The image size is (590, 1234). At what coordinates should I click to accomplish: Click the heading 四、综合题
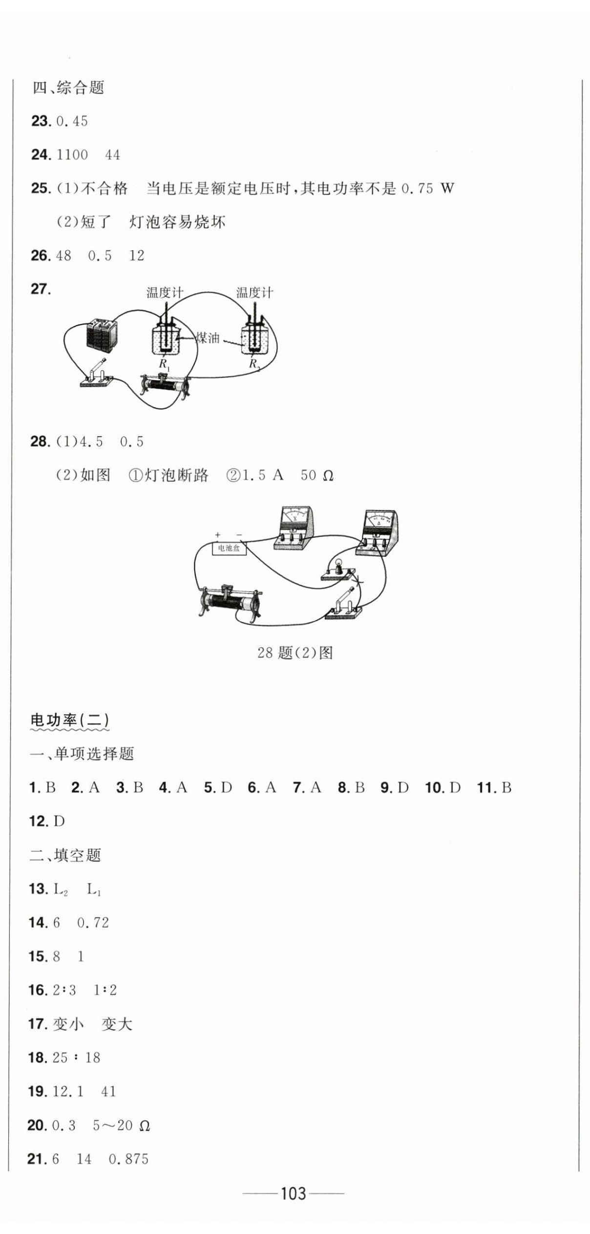[x=68, y=88]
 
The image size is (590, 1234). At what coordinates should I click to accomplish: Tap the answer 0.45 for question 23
[x=72, y=121]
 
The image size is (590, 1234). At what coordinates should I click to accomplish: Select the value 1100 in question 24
[x=72, y=155]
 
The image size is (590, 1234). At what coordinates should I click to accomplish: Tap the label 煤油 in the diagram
[x=208, y=338]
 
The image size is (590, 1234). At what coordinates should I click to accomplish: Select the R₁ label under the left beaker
[x=164, y=364]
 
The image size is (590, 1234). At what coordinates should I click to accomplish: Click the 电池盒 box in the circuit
[x=229, y=548]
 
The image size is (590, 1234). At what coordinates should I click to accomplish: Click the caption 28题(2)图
[x=295, y=653]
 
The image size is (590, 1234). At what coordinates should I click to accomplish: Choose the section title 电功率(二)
[x=69, y=720]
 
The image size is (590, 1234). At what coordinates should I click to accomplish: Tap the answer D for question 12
[x=59, y=821]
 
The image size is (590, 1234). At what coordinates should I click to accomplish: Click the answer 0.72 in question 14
[x=93, y=922]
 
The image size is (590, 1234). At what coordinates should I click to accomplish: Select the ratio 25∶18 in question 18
[x=76, y=1058]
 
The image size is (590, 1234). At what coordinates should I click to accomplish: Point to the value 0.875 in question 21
[x=128, y=1159]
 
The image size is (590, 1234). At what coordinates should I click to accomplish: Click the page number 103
[x=294, y=1193]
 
